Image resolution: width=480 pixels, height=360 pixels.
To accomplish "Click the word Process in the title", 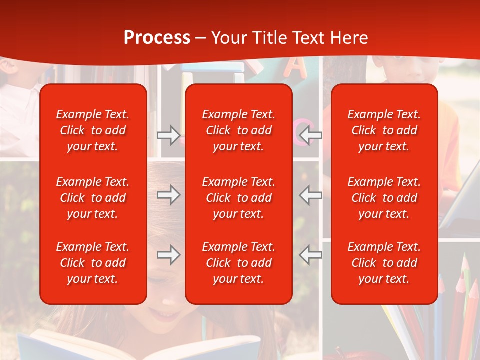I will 157,38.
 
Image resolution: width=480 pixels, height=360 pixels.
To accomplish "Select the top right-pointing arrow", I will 168,135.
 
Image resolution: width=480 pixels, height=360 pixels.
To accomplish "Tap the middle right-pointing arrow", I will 168,195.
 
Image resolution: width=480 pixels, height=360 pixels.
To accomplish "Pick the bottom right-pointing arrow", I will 168,255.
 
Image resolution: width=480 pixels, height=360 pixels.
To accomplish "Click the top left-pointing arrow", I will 311,135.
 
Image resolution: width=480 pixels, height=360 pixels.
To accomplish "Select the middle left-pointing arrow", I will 311,195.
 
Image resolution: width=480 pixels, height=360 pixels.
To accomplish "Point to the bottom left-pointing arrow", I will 311,255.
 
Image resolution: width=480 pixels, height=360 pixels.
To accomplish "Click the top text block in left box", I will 93,130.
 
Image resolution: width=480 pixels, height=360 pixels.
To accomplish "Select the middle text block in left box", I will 93,198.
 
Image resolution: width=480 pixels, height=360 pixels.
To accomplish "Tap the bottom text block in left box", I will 93,263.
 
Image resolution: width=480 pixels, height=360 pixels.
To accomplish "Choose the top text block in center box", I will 239,130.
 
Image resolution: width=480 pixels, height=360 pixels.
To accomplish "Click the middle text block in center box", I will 239,198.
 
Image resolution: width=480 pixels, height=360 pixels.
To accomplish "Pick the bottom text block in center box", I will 239,263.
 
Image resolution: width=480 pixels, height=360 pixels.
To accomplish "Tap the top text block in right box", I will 384,130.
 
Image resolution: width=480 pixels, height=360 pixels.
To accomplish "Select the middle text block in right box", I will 384,198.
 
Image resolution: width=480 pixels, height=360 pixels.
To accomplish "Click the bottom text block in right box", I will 384,263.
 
